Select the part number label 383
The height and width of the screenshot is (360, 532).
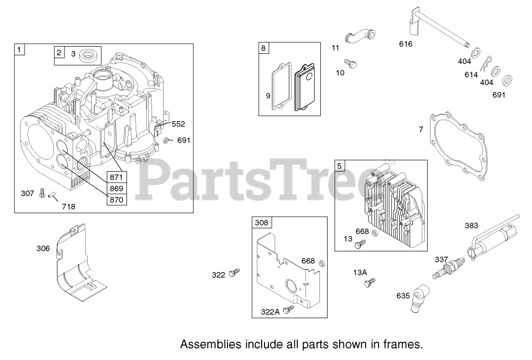click(x=471, y=225)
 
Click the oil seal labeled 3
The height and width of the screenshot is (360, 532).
click(x=90, y=56)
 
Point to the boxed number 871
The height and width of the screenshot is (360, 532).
click(x=116, y=177)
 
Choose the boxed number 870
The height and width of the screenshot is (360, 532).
click(x=116, y=199)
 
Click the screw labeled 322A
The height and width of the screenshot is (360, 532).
click(x=289, y=310)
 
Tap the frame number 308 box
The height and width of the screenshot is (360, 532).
click(x=263, y=223)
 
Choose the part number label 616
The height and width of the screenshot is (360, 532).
click(x=405, y=44)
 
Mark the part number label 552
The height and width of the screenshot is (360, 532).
click(x=178, y=124)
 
